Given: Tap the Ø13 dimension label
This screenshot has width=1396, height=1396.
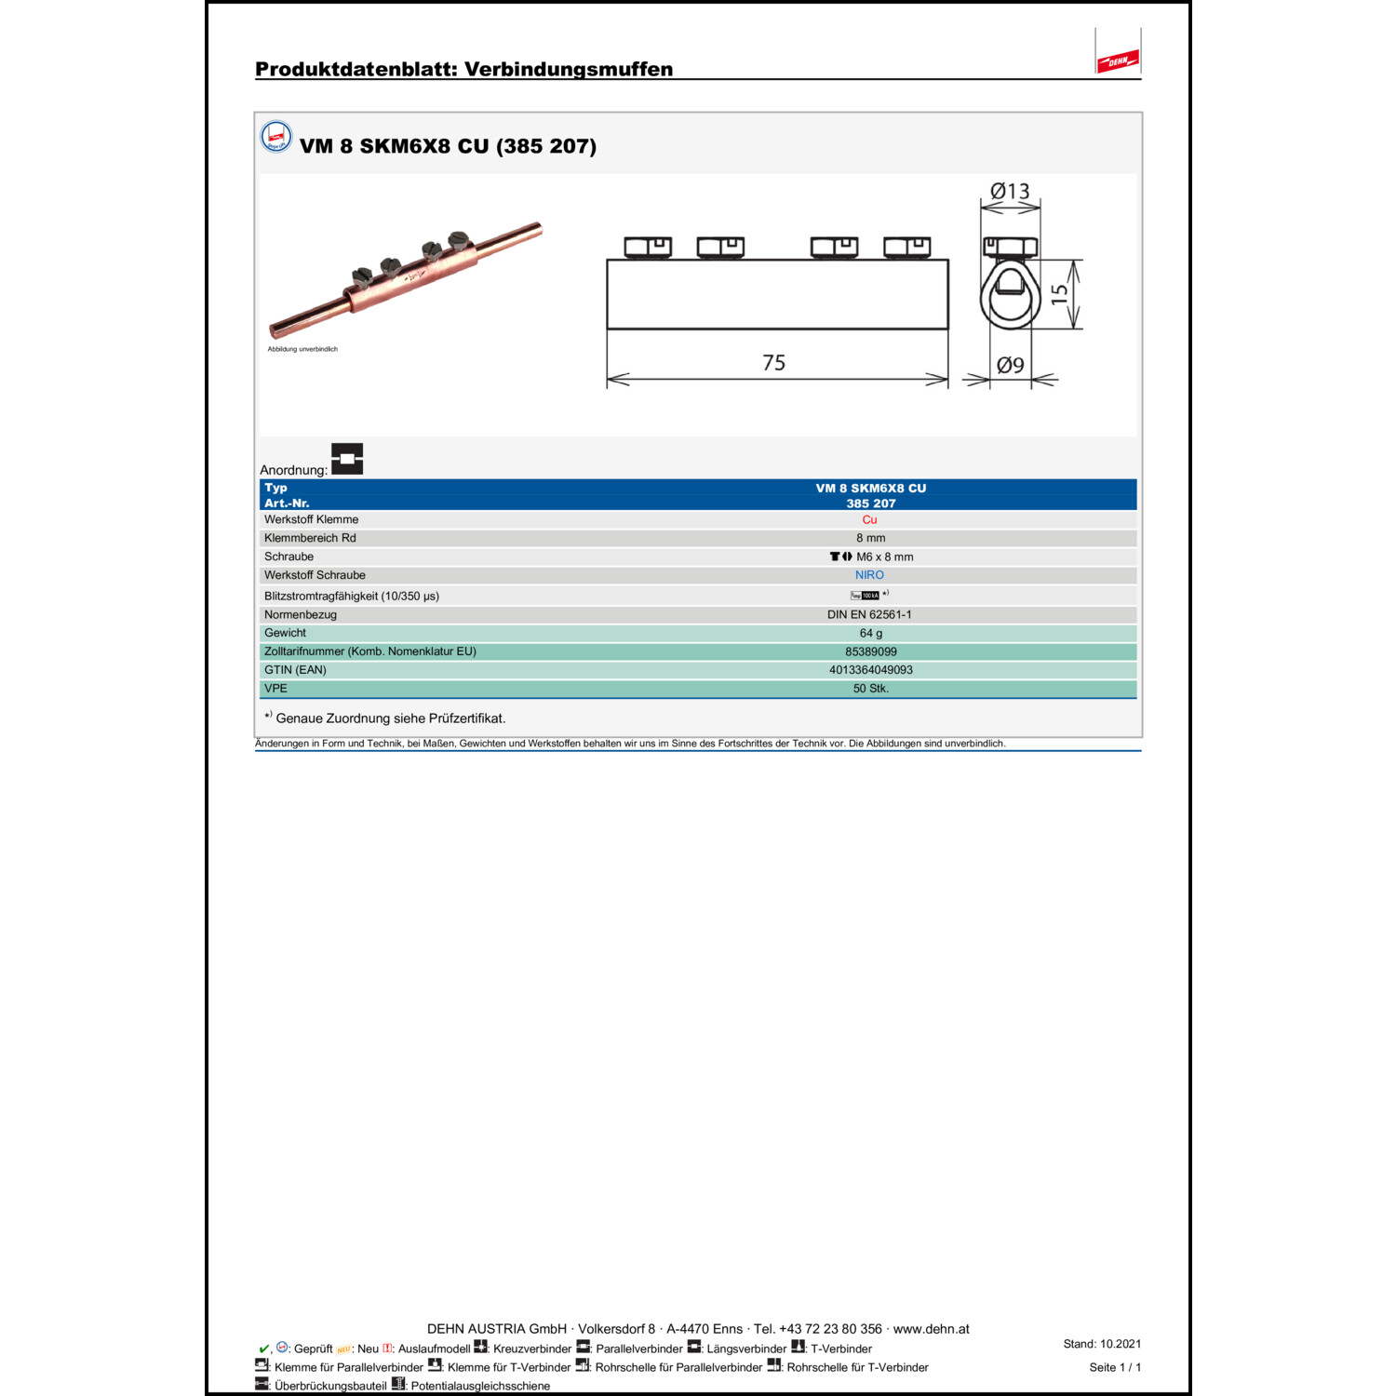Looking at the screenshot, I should (x=1010, y=192).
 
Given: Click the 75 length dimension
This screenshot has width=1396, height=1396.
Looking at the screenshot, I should (x=773, y=363).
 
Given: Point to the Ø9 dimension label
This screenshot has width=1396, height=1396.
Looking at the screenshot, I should (x=1010, y=366).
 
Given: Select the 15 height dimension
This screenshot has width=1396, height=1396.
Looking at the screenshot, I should (x=1059, y=294).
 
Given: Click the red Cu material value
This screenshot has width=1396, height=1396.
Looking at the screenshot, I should (x=869, y=520).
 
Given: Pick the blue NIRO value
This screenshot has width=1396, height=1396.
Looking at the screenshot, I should (x=869, y=575).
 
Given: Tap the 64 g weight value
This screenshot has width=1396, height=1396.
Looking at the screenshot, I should (x=870, y=633).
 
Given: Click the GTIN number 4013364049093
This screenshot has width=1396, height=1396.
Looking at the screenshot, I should (x=870, y=670).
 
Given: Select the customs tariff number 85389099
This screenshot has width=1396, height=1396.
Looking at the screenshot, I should (x=870, y=651).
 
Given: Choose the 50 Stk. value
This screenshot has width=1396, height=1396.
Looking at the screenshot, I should (x=870, y=689).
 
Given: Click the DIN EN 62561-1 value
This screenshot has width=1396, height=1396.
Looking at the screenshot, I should (x=869, y=614).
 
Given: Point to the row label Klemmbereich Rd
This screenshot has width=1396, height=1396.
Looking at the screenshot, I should (x=310, y=538).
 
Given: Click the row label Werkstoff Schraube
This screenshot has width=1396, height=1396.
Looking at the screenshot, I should (x=315, y=575).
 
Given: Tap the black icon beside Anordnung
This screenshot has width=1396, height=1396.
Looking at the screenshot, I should (x=347, y=459).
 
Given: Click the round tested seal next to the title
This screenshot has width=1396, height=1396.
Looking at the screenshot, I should (x=276, y=137).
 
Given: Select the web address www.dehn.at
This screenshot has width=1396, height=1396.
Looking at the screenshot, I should (x=931, y=1329).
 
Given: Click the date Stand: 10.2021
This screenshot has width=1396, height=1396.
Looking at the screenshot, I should (x=1102, y=1344).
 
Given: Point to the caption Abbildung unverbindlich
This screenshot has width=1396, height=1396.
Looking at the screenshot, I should (x=302, y=349).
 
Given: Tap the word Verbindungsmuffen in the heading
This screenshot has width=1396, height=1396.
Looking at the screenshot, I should (x=568, y=69).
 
